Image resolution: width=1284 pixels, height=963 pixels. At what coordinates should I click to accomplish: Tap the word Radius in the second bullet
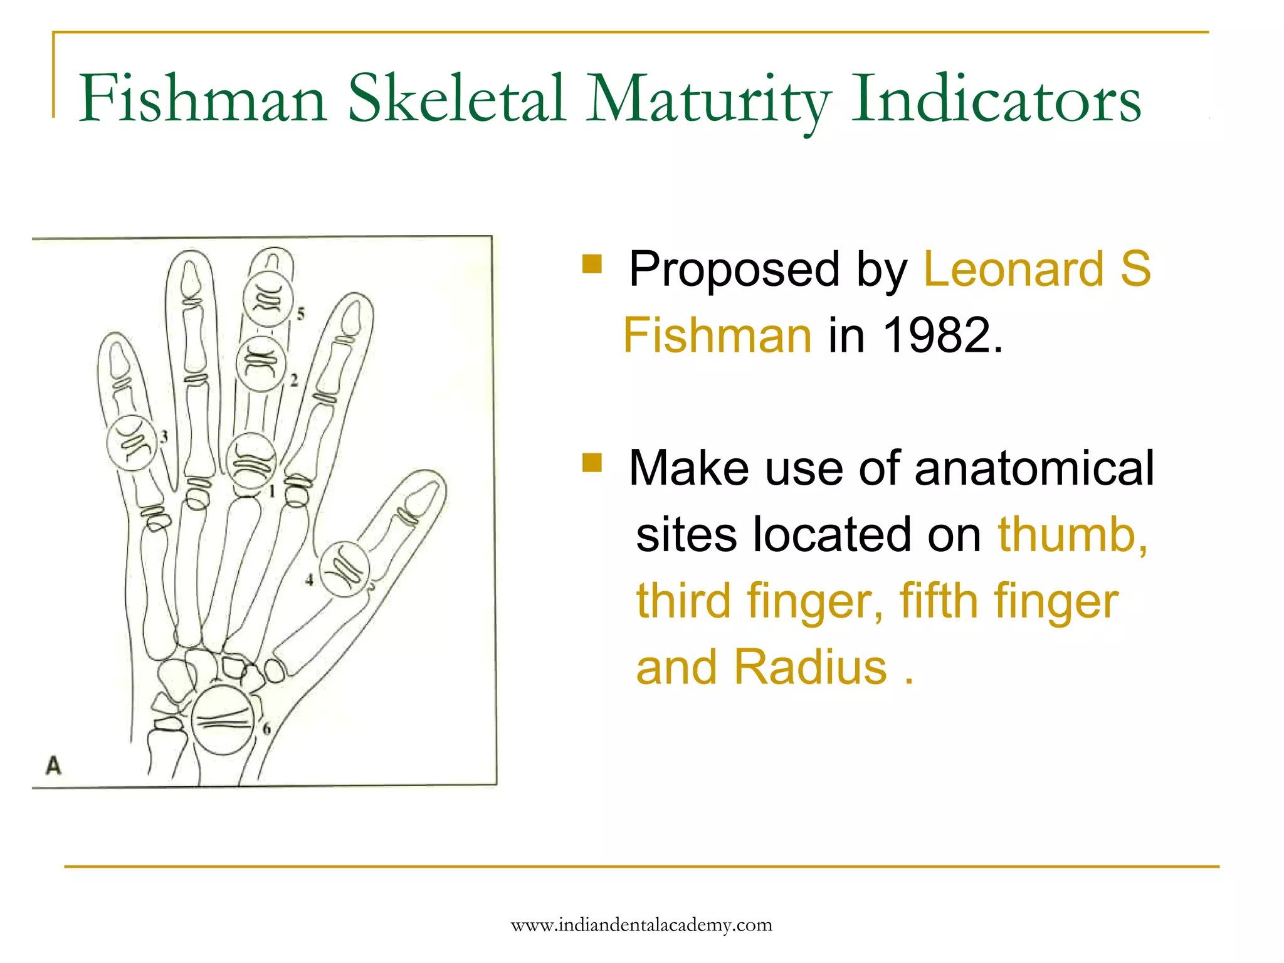point(811,667)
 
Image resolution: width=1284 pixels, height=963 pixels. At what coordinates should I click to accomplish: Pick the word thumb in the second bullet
point(1073,535)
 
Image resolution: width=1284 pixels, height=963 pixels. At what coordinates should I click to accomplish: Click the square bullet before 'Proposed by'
point(592,264)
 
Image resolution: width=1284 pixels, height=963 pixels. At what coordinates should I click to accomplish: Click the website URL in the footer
point(641,925)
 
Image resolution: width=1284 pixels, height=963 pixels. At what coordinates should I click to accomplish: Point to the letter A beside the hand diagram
point(54,766)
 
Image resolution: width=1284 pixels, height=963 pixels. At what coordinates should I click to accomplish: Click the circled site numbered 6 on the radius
point(222,720)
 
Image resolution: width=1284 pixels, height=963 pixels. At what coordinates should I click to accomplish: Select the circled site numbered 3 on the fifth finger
point(132,443)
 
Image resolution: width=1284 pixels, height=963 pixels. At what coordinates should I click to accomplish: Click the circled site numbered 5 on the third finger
point(268,300)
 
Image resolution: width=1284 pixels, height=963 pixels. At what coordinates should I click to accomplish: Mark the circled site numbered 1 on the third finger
point(251,461)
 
